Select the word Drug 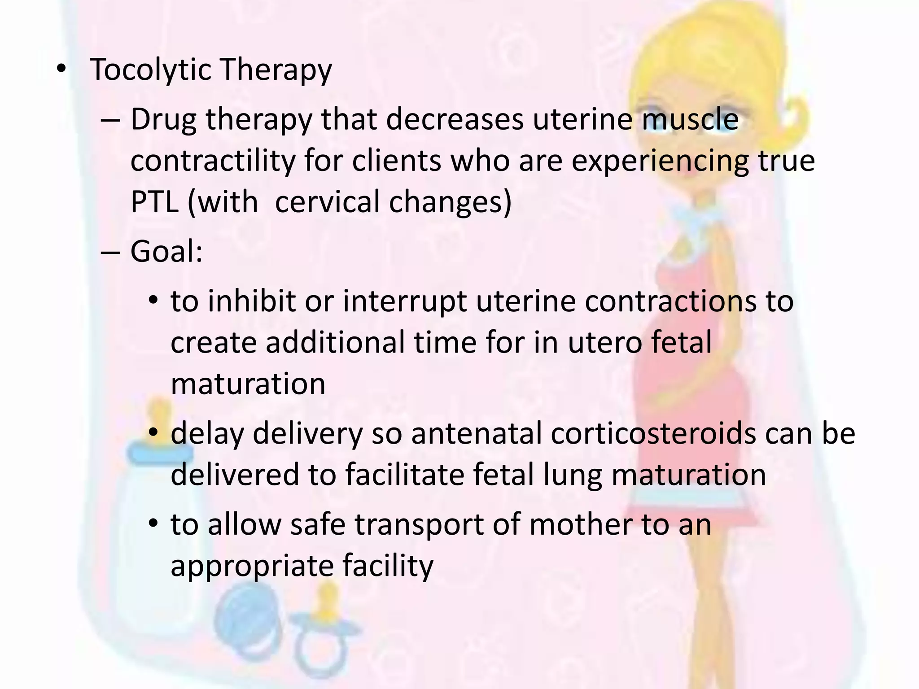point(163,120)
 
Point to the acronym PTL point(153,201)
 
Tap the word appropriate point(252,567)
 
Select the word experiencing point(660,161)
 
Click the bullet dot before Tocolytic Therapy point(61,70)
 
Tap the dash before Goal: point(110,252)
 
